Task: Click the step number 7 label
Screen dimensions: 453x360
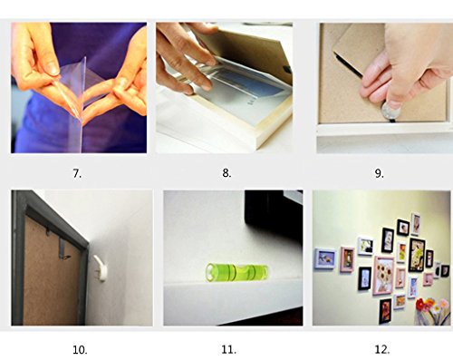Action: [x=77, y=173]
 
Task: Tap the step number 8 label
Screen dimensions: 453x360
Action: [x=226, y=173]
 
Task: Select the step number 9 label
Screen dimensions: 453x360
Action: [x=380, y=173]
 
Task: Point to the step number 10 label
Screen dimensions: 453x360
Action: [x=80, y=350]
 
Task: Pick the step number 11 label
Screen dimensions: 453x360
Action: [x=228, y=350]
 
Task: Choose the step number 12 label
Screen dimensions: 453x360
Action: [x=382, y=350]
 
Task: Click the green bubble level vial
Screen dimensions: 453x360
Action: [x=236, y=272]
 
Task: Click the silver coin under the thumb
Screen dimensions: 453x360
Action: [x=391, y=112]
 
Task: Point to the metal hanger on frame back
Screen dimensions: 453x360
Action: [x=64, y=248]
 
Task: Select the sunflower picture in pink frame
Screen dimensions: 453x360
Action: [x=383, y=275]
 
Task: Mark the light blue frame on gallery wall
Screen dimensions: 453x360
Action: [x=325, y=258]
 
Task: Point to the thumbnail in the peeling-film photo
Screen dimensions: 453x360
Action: [x=53, y=70]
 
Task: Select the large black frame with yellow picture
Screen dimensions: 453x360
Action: [x=417, y=255]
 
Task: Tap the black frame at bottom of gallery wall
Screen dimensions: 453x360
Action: [x=385, y=311]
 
